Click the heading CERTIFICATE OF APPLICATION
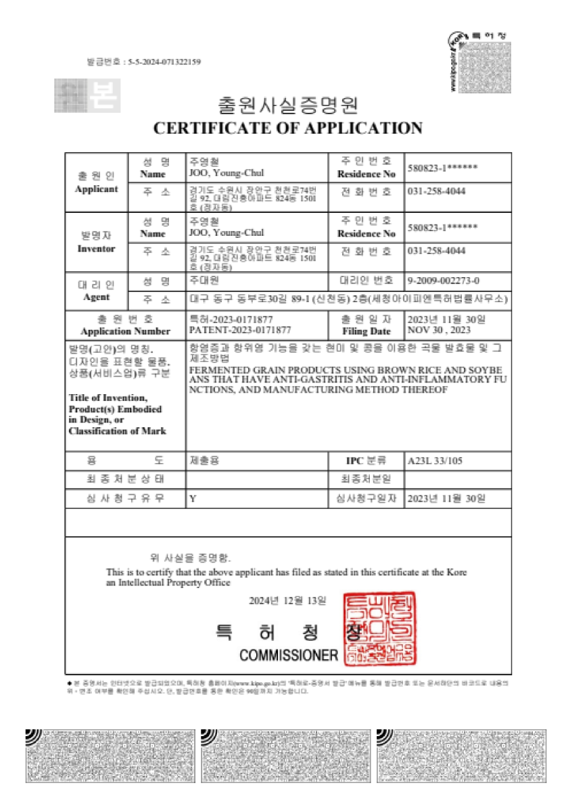[287, 128]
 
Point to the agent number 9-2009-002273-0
[444, 280]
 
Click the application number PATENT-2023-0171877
[241, 330]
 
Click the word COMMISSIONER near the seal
[288, 654]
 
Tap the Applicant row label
[96, 189]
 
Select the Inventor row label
[96, 248]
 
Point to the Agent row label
[96, 297]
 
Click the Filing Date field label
[366, 331]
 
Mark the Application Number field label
[125, 331]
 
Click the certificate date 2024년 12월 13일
[287, 600]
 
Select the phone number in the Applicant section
[436, 191]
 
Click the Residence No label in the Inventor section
[366, 233]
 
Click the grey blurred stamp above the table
[87, 95]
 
